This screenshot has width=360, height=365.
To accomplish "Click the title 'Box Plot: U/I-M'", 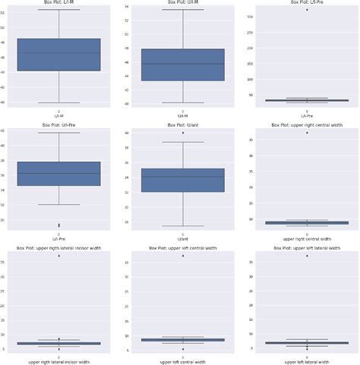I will tap(182, 2).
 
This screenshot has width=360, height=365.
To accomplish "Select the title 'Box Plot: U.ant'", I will tap(182, 124).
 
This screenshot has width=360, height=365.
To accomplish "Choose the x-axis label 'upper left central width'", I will tap(182, 362).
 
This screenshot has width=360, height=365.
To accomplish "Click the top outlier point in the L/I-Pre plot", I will tap(306, 10).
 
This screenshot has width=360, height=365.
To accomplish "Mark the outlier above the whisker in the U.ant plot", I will tap(182, 133).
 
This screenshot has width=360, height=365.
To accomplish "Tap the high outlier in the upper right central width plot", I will tap(306, 133).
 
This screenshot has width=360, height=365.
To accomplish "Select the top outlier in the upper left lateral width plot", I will tap(306, 256).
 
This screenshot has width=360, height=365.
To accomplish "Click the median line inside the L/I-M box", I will tap(58, 52).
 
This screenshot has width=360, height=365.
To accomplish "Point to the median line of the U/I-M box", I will tap(182, 64).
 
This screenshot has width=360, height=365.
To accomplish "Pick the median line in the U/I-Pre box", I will tap(58, 173).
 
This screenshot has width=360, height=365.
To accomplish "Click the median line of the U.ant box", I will tap(182, 177).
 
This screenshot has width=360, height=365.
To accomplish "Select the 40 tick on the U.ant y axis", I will tap(130, 133).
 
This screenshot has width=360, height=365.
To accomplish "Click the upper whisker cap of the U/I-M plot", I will tap(182, 10).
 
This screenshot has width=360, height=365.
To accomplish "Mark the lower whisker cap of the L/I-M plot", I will tap(58, 102).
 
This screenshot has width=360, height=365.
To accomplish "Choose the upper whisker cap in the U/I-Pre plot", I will tap(58, 133).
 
